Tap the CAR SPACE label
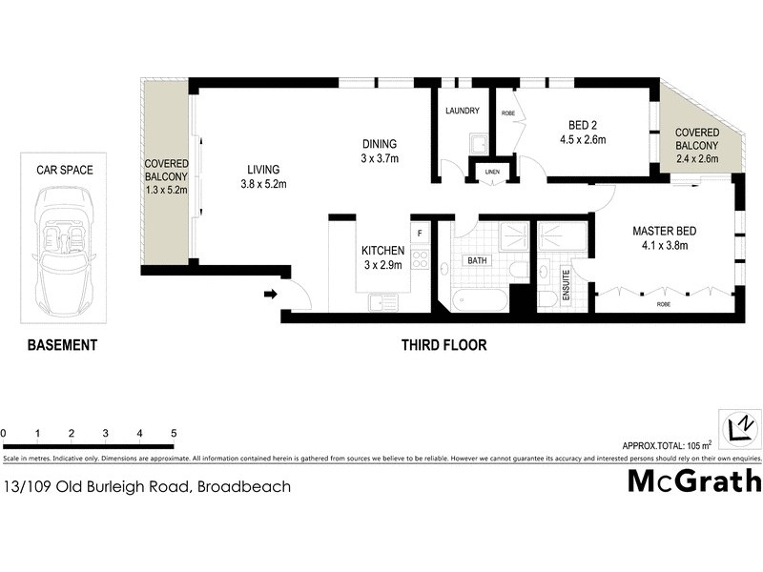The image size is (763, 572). tap(65, 170)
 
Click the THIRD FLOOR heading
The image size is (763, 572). tap(443, 345)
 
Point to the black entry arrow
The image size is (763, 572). tap(272, 295)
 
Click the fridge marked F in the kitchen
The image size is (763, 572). tap(420, 232)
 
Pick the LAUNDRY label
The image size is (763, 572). tap(463, 112)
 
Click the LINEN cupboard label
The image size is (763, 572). tap(492, 173)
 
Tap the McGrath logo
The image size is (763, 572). tap(693, 481)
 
